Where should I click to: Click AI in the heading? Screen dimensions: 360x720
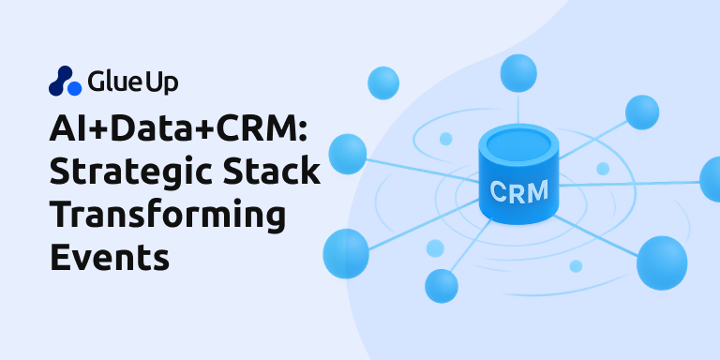[x=67, y=127]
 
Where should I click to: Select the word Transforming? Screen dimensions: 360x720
[x=167, y=215]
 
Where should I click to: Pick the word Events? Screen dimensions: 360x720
[x=109, y=257]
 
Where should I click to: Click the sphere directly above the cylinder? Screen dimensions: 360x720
[x=517, y=72]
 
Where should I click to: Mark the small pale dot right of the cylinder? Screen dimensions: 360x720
[x=603, y=169]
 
